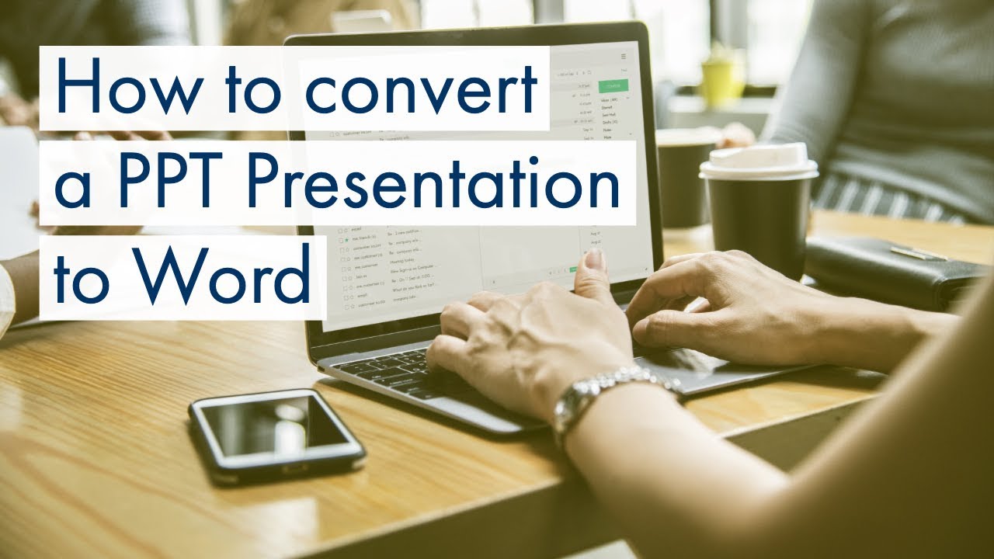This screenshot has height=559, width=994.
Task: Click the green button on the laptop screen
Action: tap(613, 85)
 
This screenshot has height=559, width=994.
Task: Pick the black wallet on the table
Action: tap(893, 268)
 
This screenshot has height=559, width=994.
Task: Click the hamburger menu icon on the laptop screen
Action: tap(624, 57)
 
